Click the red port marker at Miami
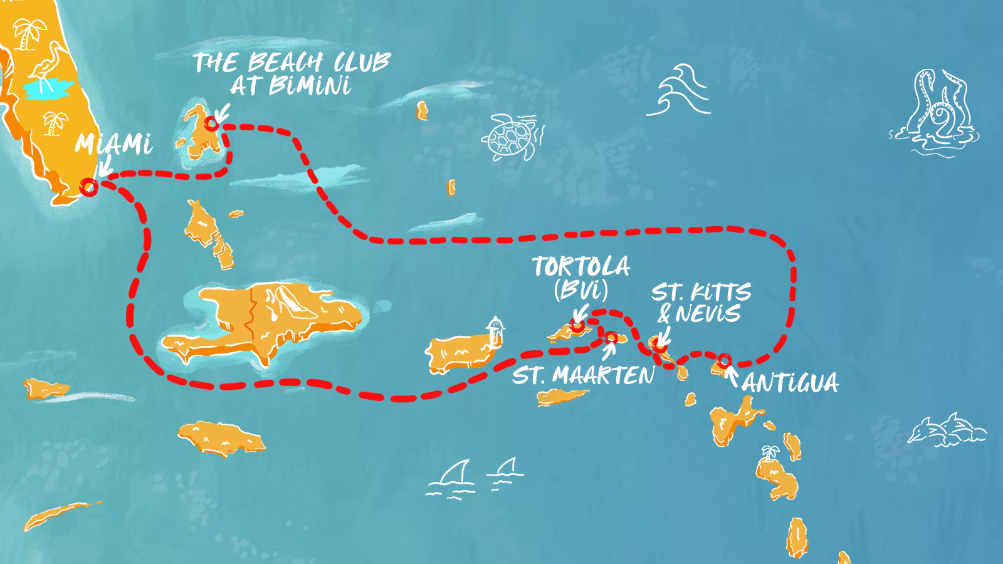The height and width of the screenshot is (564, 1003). click(x=89, y=186)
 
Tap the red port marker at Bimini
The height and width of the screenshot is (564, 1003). click(x=213, y=123)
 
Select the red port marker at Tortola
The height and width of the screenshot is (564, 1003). click(x=577, y=326)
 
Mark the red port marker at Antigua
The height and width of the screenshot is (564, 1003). click(x=724, y=360)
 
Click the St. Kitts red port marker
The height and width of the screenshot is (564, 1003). click(x=656, y=343)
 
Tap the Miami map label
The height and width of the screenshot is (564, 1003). click(x=113, y=145)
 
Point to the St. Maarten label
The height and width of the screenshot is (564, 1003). click(x=583, y=376)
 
